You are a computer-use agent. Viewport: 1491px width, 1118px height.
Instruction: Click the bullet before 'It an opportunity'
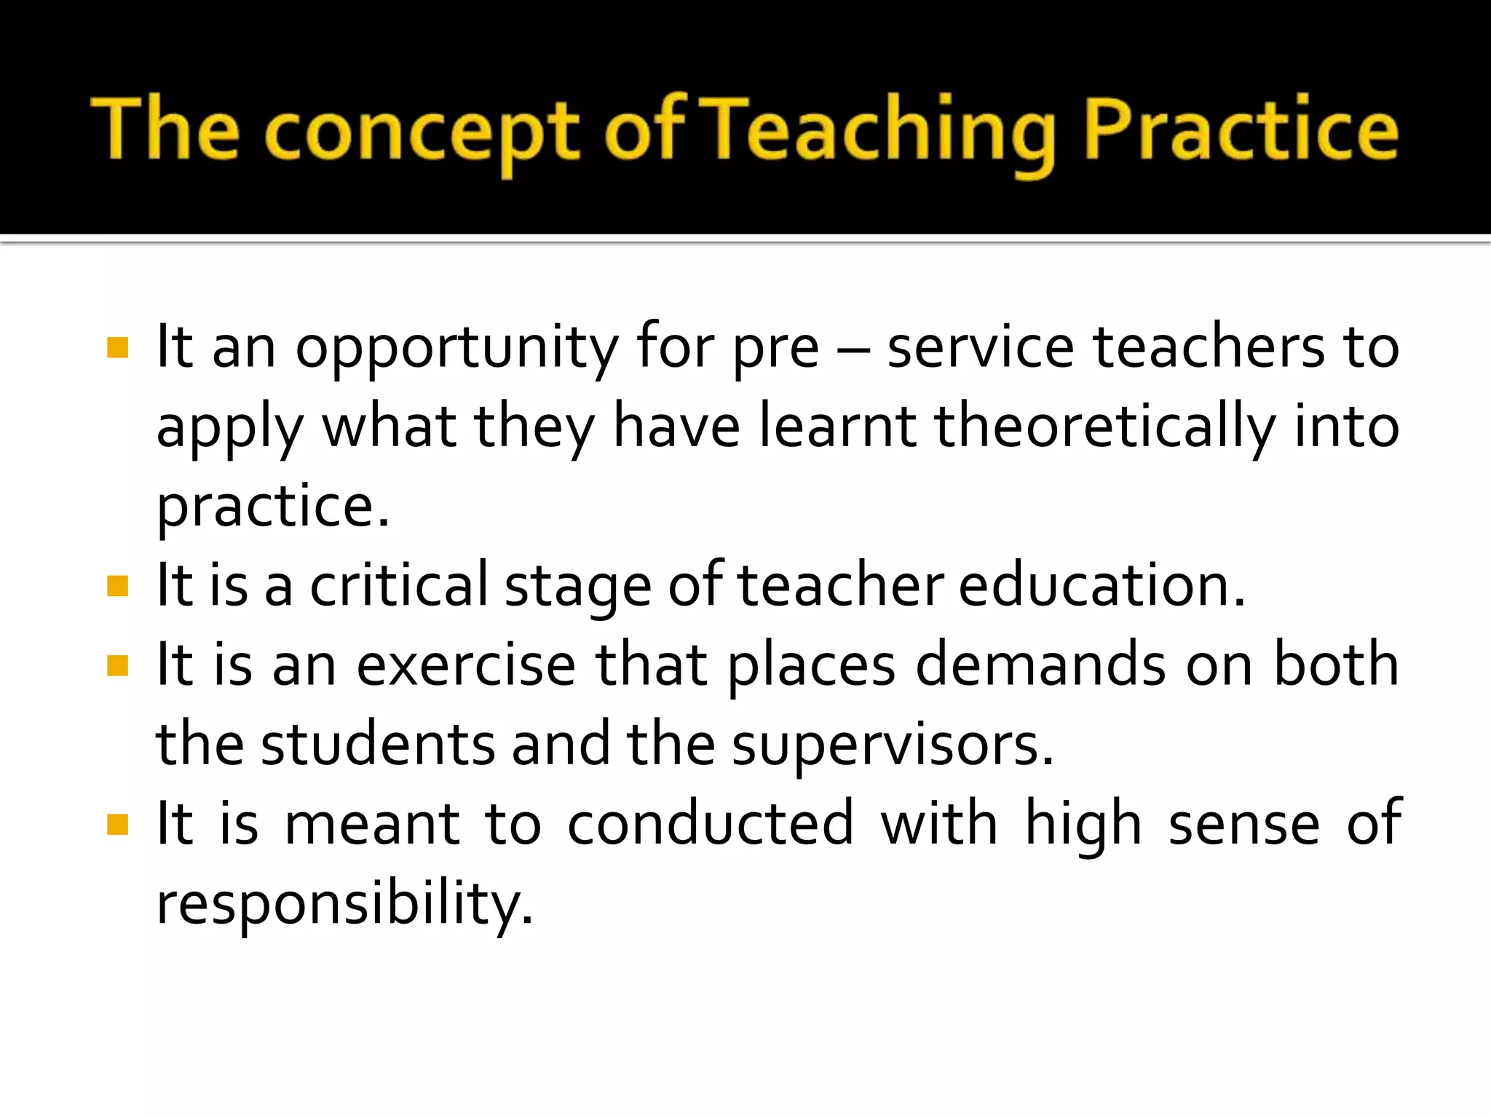117,348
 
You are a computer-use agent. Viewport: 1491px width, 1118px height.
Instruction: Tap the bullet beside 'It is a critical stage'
117,586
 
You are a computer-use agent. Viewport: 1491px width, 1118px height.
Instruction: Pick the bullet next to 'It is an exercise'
117,665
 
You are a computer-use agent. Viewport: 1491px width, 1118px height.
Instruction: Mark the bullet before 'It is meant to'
117,825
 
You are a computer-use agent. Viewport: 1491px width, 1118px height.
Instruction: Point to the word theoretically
1104,428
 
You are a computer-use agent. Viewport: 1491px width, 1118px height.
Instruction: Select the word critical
399,585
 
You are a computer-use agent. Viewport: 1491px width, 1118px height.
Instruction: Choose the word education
1101,585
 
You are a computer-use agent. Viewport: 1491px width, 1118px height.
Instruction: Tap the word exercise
466,665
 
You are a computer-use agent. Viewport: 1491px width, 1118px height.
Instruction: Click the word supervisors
893,745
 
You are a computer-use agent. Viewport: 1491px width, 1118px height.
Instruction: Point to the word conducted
710,824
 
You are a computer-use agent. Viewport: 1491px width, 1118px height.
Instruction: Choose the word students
378,745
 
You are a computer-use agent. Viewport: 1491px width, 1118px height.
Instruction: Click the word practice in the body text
273,507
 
